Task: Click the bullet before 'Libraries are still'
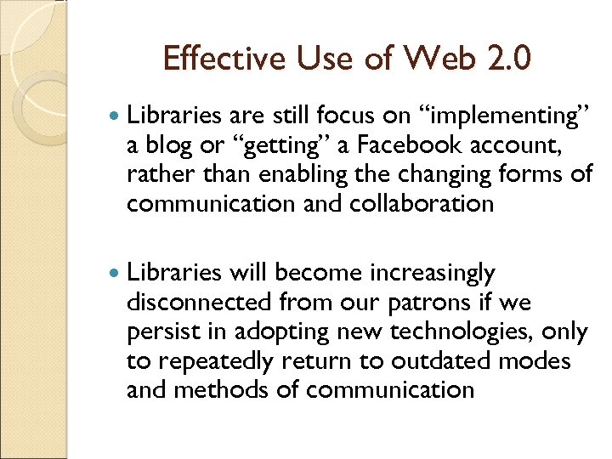coord(116,115)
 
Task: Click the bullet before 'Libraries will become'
coord(116,274)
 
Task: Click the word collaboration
coord(422,204)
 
